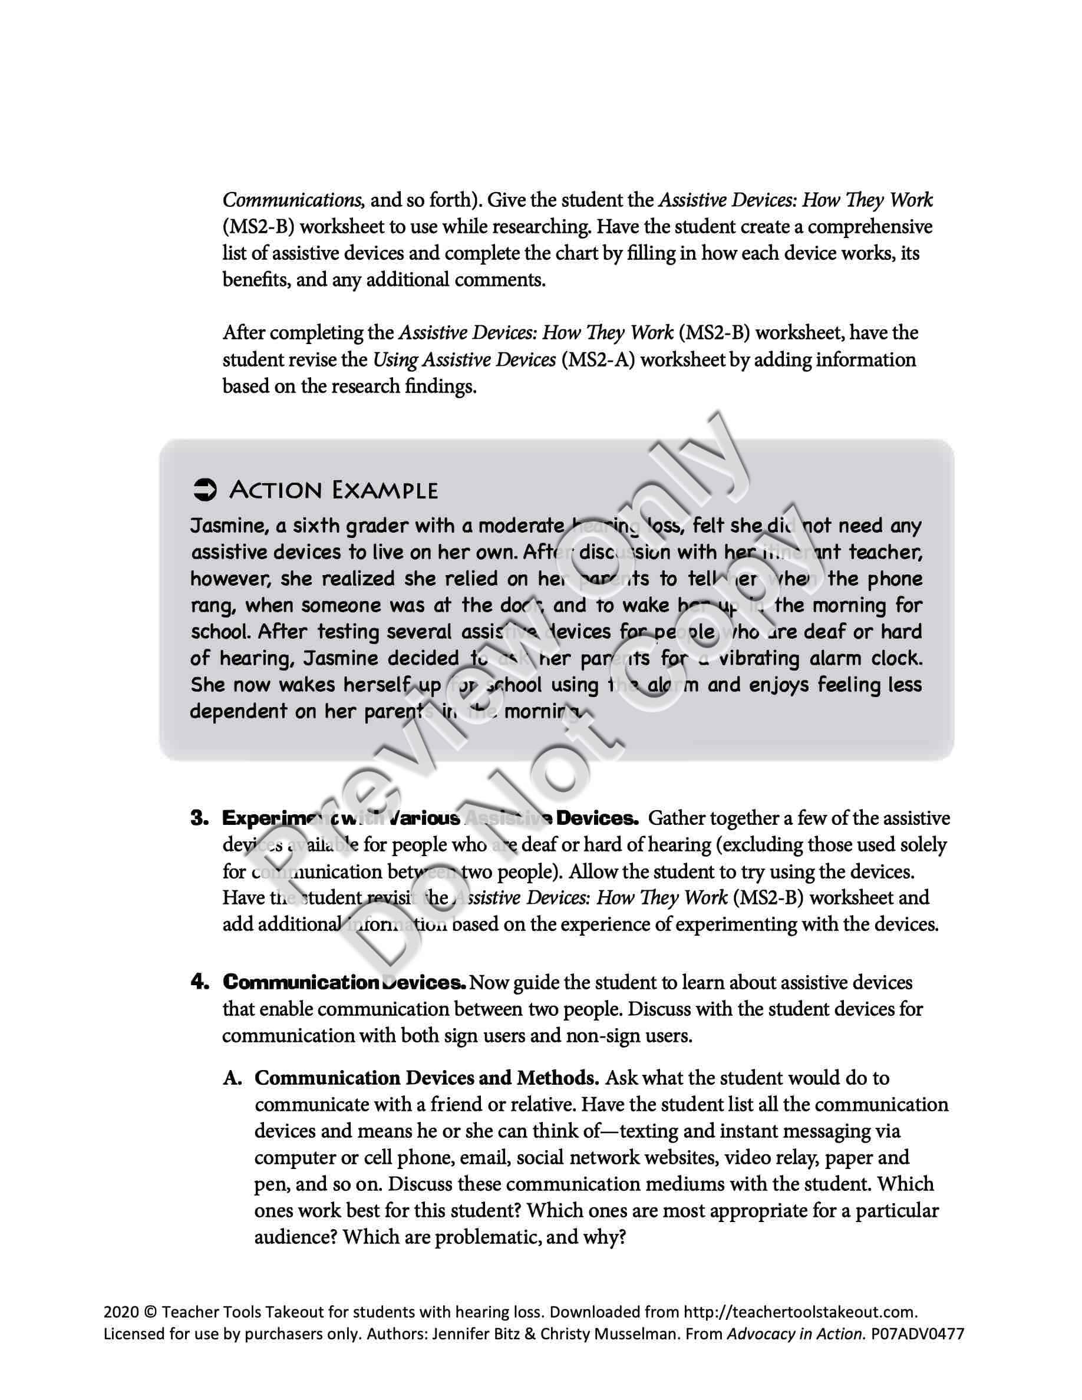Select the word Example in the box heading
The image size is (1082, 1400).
(385, 490)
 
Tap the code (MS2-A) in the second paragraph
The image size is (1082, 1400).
(598, 359)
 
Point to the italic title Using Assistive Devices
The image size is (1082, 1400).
(464, 359)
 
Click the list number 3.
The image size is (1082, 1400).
(200, 818)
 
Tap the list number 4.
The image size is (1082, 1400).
(200, 982)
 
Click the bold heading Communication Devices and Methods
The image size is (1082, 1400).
(426, 1078)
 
